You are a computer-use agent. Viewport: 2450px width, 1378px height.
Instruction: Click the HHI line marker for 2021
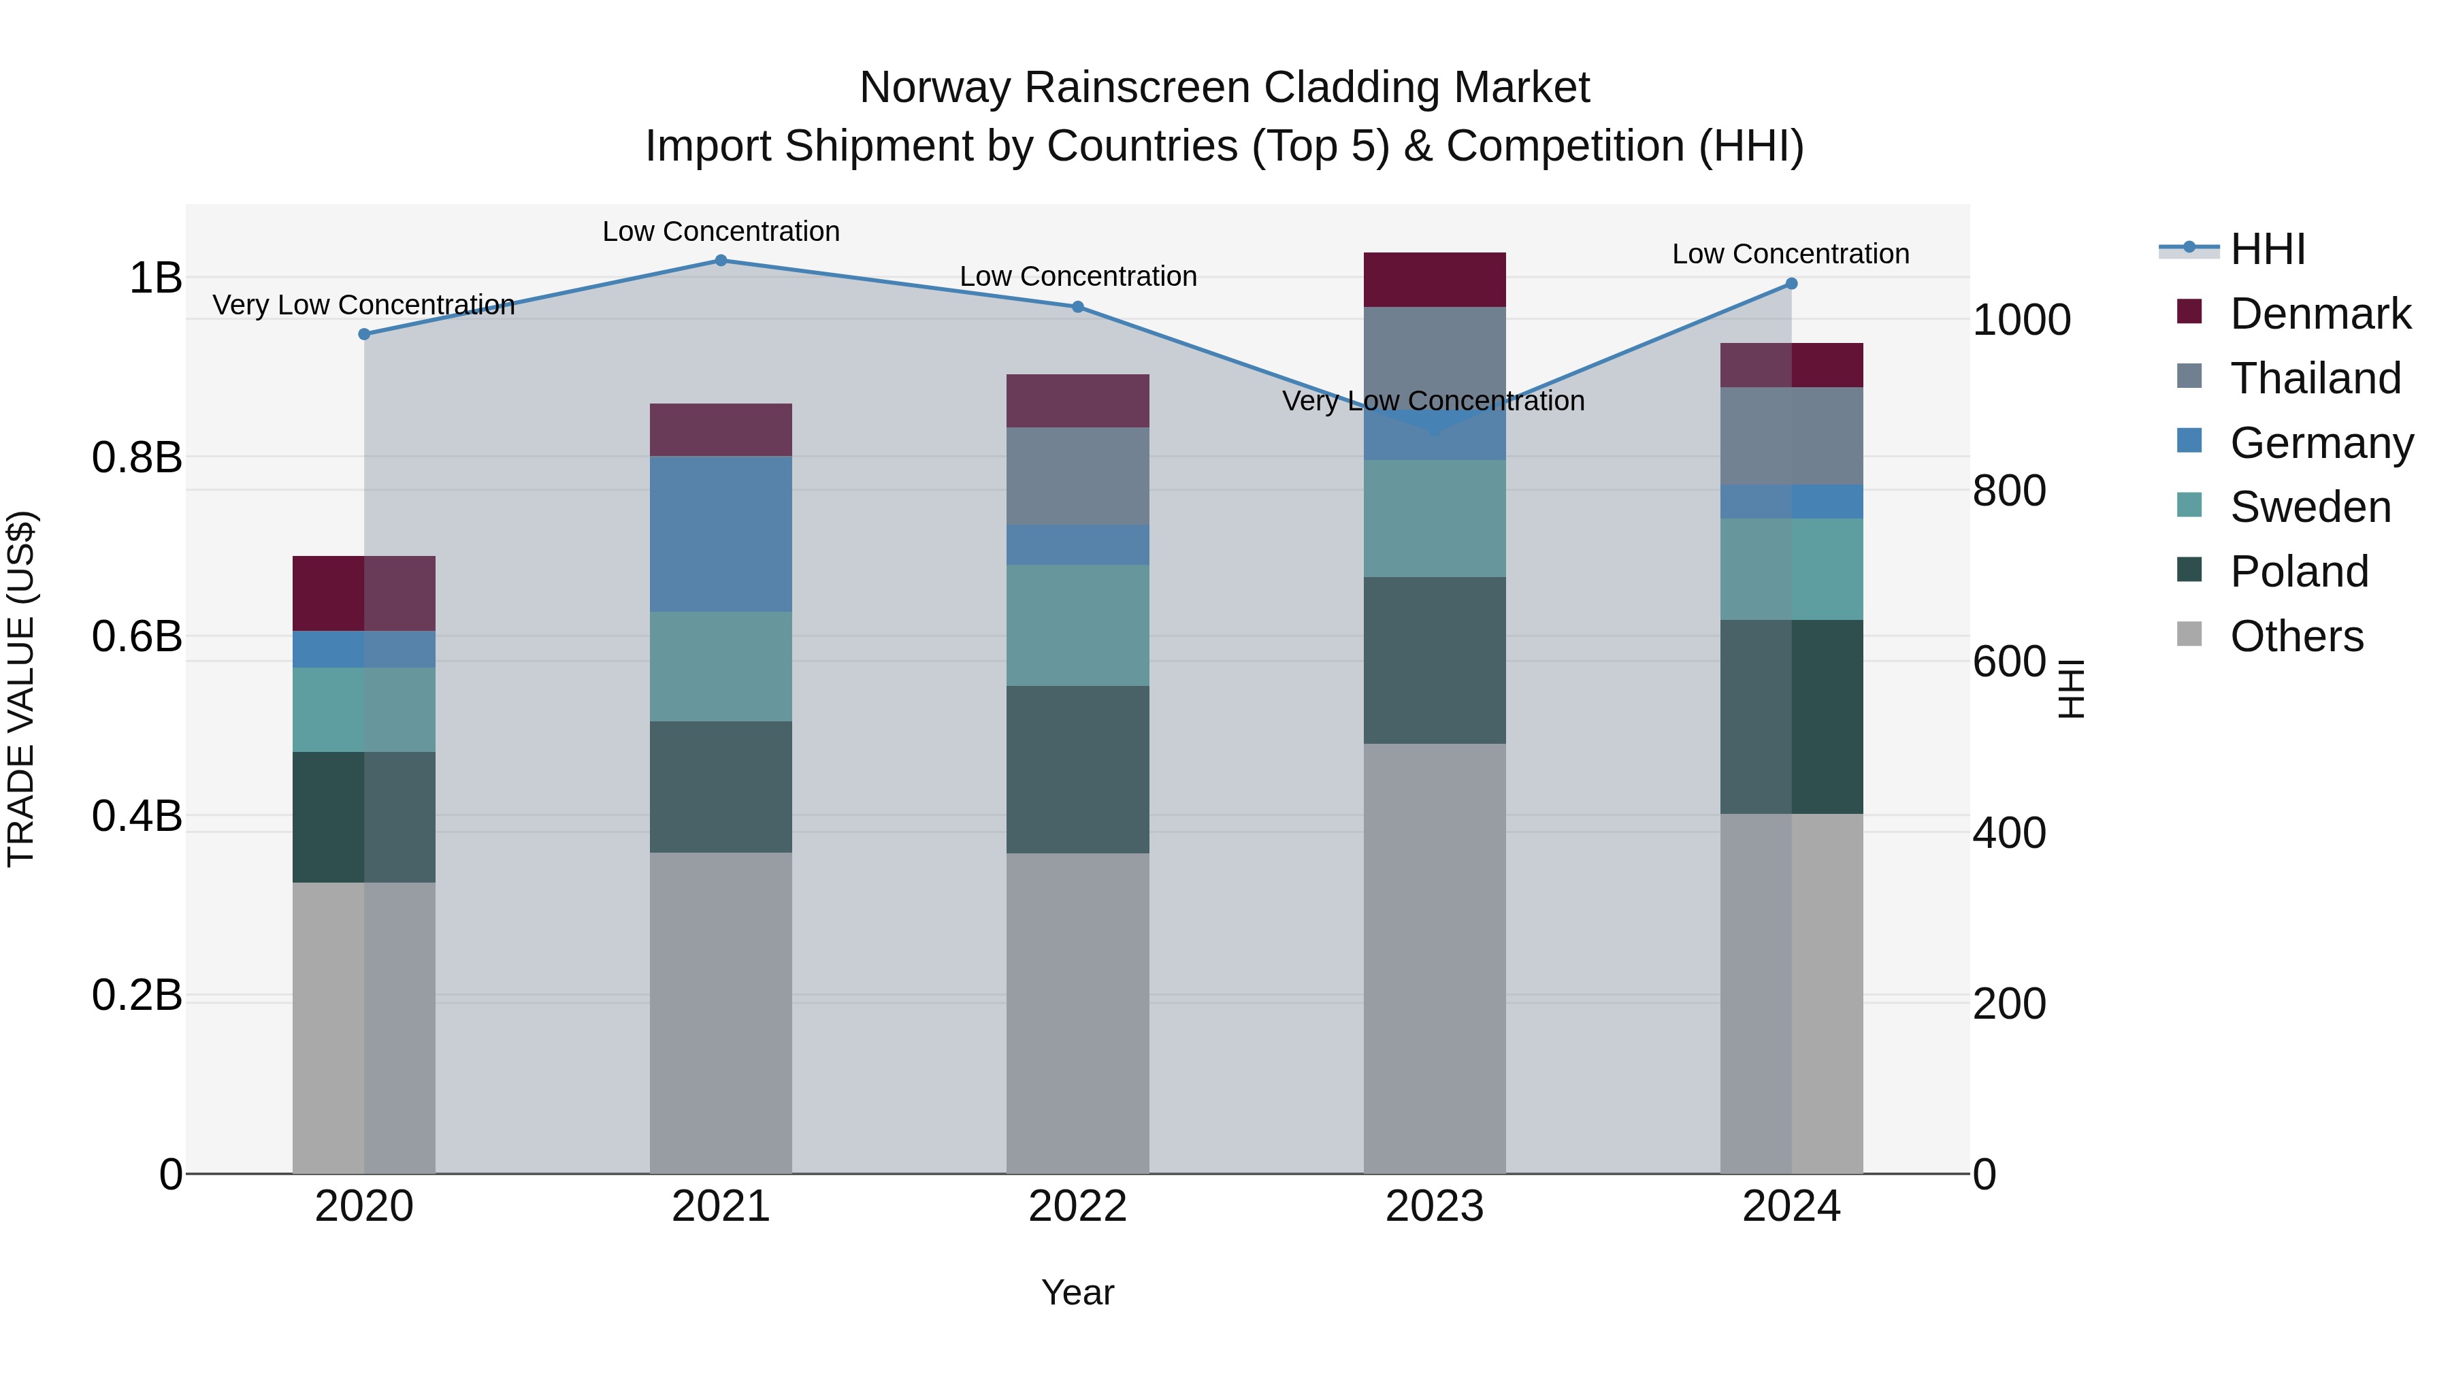(x=721, y=261)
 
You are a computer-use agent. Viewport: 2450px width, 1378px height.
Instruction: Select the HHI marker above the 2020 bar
(x=364, y=334)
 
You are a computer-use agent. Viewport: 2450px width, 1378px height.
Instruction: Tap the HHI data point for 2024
(x=1792, y=283)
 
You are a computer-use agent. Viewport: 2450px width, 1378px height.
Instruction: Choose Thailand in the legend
(x=2315, y=378)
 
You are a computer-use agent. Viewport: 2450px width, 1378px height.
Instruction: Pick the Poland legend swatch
(x=2189, y=571)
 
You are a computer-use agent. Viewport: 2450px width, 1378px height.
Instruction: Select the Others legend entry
(x=2296, y=636)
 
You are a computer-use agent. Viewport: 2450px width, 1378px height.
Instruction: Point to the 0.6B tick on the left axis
(x=137, y=636)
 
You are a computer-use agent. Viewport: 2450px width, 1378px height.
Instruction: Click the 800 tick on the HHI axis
(x=2009, y=491)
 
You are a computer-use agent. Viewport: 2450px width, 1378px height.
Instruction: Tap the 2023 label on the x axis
(x=1434, y=1207)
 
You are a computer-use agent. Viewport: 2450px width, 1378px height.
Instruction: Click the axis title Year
(x=1077, y=1292)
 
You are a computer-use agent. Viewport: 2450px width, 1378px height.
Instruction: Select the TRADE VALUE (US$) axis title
(x=22, y=689)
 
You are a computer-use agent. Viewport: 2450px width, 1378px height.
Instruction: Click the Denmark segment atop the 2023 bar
(x=1434, y=280)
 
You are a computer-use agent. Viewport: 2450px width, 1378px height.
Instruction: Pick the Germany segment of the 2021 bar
(x=721, y=534)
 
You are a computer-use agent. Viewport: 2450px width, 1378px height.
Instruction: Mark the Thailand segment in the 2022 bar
(x=1077, y=476)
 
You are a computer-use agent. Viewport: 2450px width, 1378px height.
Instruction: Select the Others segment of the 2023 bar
(x=1434, y=959)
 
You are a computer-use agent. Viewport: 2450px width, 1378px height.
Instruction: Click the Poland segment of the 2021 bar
(x=721, y=787)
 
